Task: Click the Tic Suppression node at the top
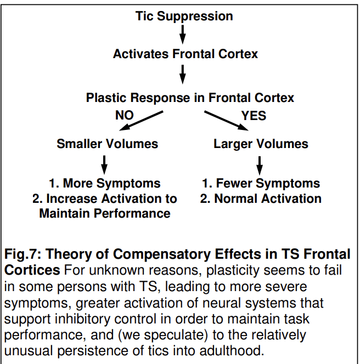184,16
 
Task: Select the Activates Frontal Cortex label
185,54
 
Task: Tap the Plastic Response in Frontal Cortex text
190,98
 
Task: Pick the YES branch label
254,115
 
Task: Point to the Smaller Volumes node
107,144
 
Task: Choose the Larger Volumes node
261,144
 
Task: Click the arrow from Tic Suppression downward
183,35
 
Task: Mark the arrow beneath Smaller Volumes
104,163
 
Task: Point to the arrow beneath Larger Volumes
260,163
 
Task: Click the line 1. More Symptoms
104,183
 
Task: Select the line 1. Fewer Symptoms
261,183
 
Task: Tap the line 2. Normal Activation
261,198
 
